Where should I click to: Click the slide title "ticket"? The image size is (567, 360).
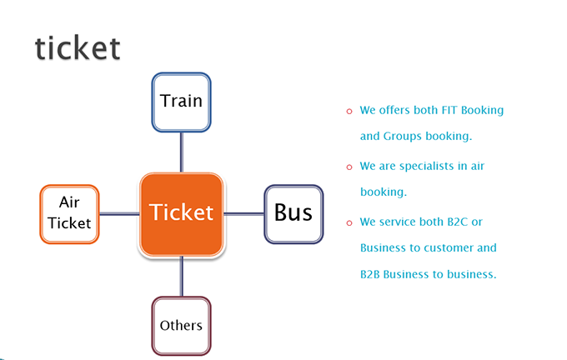point(78,47)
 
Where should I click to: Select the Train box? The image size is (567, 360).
point(181,102)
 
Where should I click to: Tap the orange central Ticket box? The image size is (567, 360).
point(182,214)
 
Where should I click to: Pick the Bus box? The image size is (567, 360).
point(294,214)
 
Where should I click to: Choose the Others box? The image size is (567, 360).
point(181,326)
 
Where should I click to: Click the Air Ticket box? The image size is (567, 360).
point(69,214)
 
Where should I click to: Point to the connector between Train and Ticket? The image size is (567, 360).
point(182,152)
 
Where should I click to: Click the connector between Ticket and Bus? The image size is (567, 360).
point(244,214)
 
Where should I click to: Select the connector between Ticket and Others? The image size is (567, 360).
point(182,277)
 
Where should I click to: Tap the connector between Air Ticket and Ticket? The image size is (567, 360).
point(119,214)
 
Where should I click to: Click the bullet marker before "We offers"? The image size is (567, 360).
point(349,112)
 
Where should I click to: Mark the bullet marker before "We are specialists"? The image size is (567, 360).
point(349,167)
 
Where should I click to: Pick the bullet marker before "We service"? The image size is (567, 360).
point(349,223)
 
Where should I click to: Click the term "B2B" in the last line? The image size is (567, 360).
point(370,274)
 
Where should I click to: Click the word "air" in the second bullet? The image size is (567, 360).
point(477,166)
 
